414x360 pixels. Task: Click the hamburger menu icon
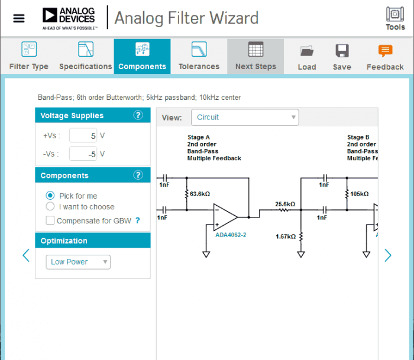19,18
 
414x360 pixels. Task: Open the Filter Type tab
28,56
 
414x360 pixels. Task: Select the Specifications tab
85,56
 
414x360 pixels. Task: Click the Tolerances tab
199,56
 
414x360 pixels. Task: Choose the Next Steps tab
255,56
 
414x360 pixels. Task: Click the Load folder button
306,56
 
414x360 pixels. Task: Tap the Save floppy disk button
342,56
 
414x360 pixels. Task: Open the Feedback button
385,56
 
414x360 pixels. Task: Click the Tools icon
395,18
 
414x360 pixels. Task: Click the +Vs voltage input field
83,136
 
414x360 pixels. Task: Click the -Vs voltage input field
83,154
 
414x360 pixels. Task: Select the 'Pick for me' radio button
50,196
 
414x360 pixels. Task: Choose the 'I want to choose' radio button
50,207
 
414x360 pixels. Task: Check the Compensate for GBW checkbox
50,220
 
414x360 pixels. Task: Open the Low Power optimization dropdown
78,262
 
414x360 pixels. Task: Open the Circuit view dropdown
245,117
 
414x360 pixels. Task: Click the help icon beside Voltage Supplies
138,115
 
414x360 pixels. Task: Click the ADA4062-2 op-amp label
231,235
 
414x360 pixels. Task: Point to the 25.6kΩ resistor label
285,205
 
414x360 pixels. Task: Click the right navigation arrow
388,255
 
